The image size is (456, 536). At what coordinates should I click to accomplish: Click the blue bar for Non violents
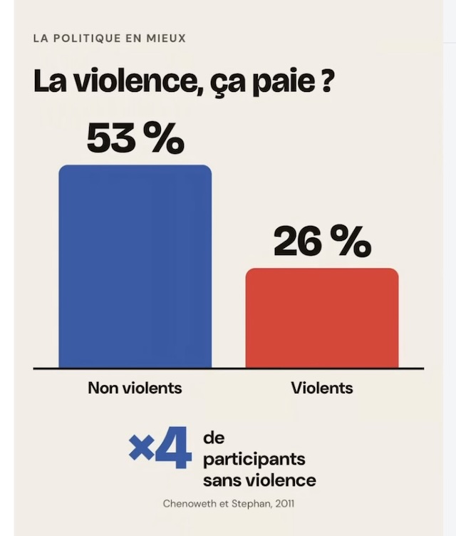135,267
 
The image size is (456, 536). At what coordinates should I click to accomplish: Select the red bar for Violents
322,318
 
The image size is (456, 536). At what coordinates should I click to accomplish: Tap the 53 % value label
135,138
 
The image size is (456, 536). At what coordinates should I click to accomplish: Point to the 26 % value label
322,242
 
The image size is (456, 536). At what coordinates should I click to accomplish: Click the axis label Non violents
135,388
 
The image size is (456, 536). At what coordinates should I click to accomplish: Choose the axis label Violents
322,388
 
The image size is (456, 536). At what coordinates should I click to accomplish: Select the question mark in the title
326,81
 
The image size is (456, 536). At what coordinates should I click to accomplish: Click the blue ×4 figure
160,448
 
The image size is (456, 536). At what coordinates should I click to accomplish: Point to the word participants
254,460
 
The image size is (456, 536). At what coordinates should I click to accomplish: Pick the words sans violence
259,480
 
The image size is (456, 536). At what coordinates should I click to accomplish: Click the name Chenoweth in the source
190,504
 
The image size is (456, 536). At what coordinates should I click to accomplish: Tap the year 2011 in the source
284,504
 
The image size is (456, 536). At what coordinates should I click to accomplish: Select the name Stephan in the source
252,504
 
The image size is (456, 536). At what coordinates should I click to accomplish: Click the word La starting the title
50,82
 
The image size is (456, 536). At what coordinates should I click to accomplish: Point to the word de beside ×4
214,438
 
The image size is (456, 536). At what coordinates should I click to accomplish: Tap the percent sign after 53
164,138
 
